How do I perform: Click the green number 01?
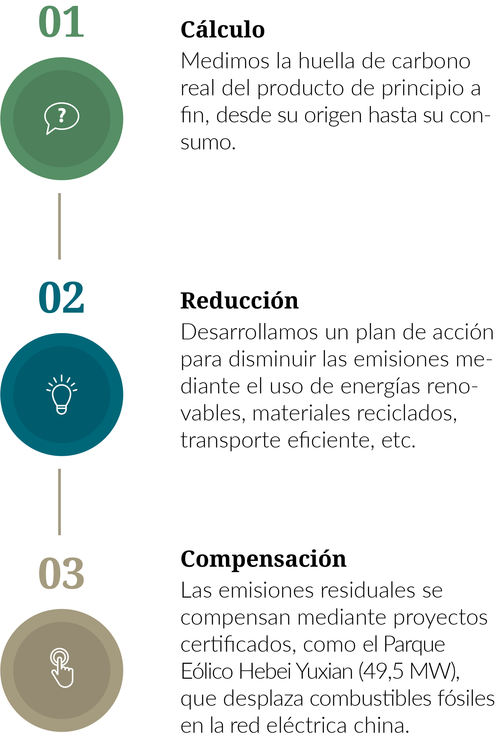point(61,22)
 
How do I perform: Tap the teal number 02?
point(61,297)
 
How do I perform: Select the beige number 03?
point(61,573)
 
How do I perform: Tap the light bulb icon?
point(62,394)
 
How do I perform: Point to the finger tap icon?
point(62,668)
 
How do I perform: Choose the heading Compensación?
point(264,559)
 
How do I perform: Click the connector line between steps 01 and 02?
point(60,226)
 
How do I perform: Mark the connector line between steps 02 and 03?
point(60,502)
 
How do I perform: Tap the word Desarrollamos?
point(249,332)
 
